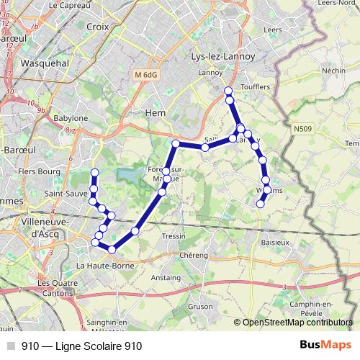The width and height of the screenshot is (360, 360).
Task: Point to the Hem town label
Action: [156, 113]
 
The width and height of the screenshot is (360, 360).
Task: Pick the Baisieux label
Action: [275, 243]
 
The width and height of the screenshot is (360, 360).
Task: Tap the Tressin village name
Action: [174, 236]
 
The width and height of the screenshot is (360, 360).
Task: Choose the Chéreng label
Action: [194, 255]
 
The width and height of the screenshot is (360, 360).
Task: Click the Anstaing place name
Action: [166, 276]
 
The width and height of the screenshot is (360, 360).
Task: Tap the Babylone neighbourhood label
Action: [71, 117]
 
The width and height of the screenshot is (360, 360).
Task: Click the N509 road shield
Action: [303, 129]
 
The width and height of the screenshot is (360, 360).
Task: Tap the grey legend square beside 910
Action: [10, 346]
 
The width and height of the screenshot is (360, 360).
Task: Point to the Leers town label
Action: [272, 30]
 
